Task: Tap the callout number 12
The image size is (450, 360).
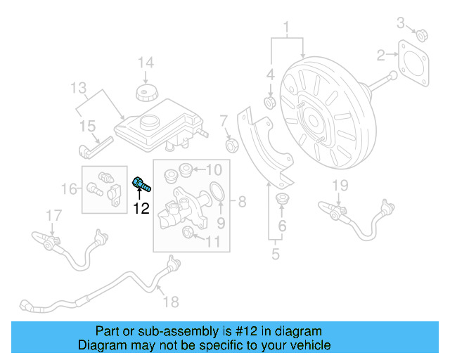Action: tap(142, 207)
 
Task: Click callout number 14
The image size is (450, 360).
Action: tap(146, 63)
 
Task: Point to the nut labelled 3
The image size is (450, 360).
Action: tap(423, 36)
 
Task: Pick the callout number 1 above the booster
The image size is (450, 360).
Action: tap(287, 29)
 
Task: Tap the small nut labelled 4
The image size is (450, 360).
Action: tap(269, 104)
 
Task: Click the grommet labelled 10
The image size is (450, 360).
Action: tap(187, 169)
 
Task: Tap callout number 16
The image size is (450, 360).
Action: tap(69, 188)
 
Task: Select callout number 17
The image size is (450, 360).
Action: tap(54, 214)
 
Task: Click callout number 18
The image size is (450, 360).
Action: tap(171, 302)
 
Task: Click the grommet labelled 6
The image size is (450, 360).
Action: tap(282, 198)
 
